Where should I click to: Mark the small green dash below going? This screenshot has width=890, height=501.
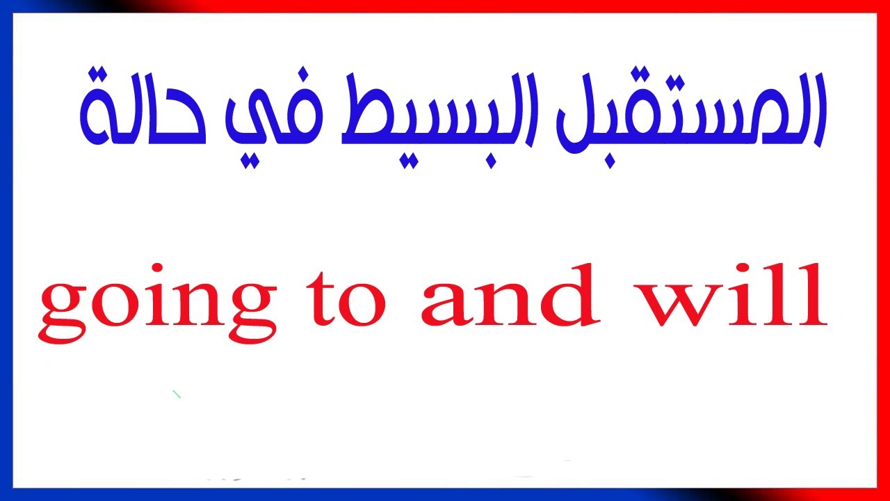tap(177, 395)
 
